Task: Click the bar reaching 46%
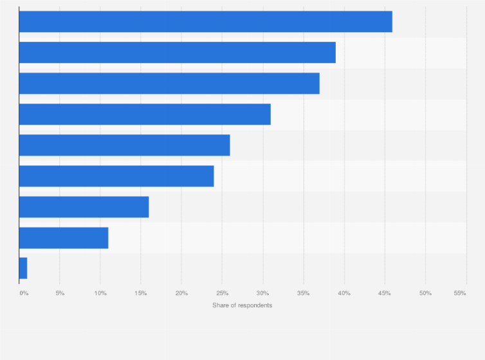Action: pyautogui.click(x=205, y=22)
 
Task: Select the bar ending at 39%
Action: pyautogui.click(x=177, y=53)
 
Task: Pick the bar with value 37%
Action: pyautogui.click(x=169, y=84)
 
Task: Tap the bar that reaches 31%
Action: pyautogui.click(x=145, y=114)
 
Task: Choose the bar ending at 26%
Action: pyautogui.click(x=124, y=145)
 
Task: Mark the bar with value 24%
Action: pyautogui.click(x=116, y=176)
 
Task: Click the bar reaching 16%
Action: pyautogui.click(x=84, y=207)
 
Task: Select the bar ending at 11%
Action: pyautogui.click(x=64, y=238)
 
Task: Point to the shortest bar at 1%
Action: pyautogui.click(x=23, y=269)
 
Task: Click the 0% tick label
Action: pyautogui.click(x=24, y=293)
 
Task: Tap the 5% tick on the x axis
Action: pyautogui.click(x=60, y=293)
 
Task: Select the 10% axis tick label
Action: pyautogui.click(x=100, y=293)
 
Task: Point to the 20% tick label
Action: pyautogui.click(x=181, y=293)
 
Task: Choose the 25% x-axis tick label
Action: pyautogui.click(x=222, y=293)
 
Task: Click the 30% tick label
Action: pyautogui.click(x=262, y=293)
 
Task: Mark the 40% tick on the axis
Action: pyautogui.click(x=344, y=293)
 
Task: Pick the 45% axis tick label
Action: pyautogui.click(x=385, y=293)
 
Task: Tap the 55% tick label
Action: pyautogui.click(x=459, y=293)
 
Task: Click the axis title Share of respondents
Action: pyautogui.click(x=243, y=305)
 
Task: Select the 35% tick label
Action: pyautogui.click(x=303, y=293)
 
